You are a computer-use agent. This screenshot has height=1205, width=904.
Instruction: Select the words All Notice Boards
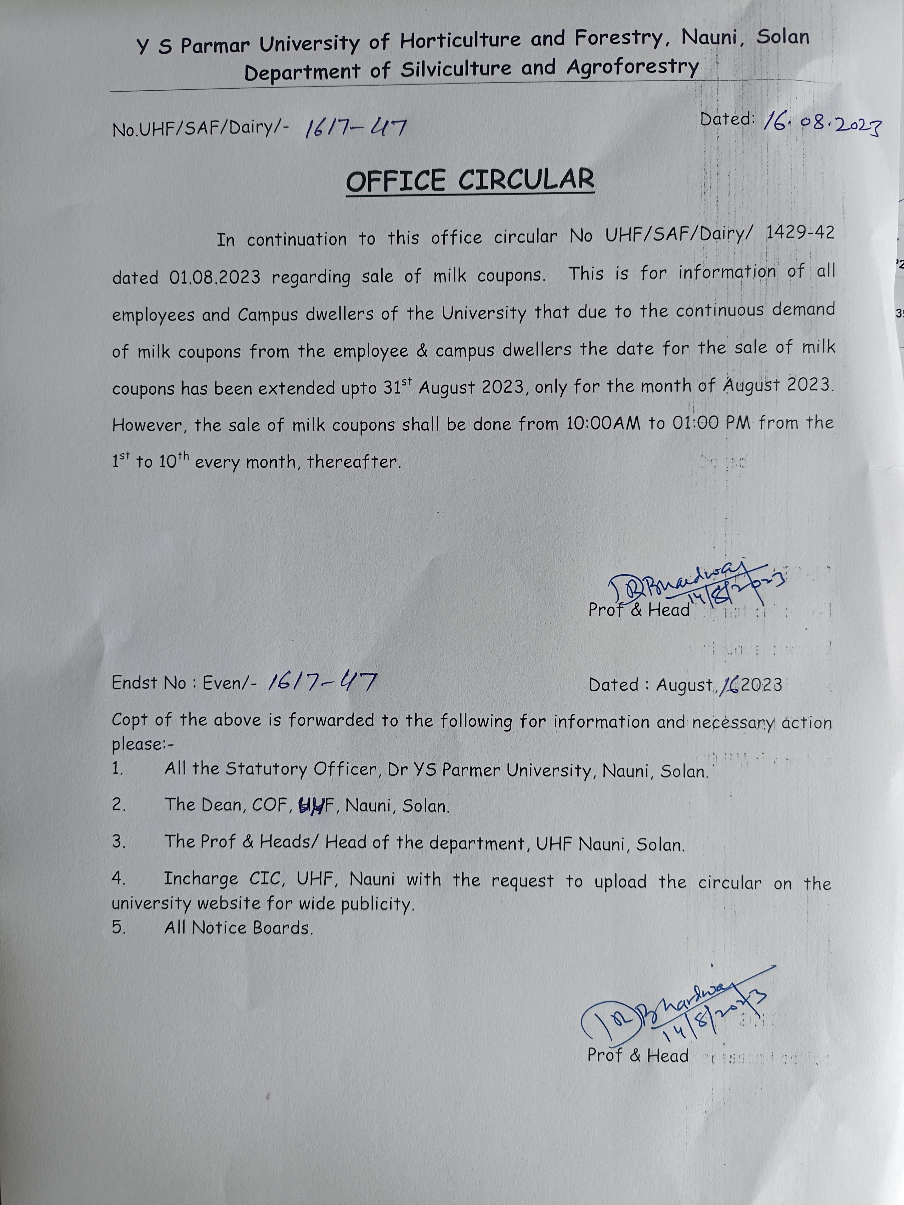tap(239, 927)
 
